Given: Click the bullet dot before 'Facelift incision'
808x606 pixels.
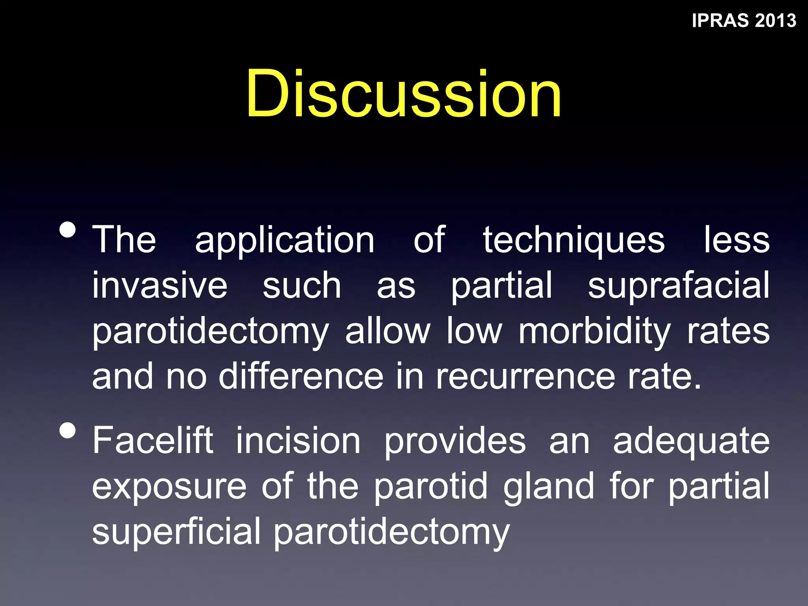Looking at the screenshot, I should point(68,430).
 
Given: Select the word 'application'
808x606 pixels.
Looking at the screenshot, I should point(284,241).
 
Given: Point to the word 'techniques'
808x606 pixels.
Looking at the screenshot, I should point(574,241).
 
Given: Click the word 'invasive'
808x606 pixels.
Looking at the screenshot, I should point(160,286).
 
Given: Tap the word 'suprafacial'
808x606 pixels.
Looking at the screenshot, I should point(679,286).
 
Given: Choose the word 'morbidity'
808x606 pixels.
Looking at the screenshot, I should point(594,331).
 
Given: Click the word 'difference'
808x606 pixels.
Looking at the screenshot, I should point(301,376).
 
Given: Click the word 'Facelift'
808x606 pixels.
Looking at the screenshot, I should point(153,441).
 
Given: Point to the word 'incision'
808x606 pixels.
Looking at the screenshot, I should point(298,441).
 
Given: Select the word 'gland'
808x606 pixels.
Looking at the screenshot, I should point(548,487).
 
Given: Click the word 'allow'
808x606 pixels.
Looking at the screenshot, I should point(387,331).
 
